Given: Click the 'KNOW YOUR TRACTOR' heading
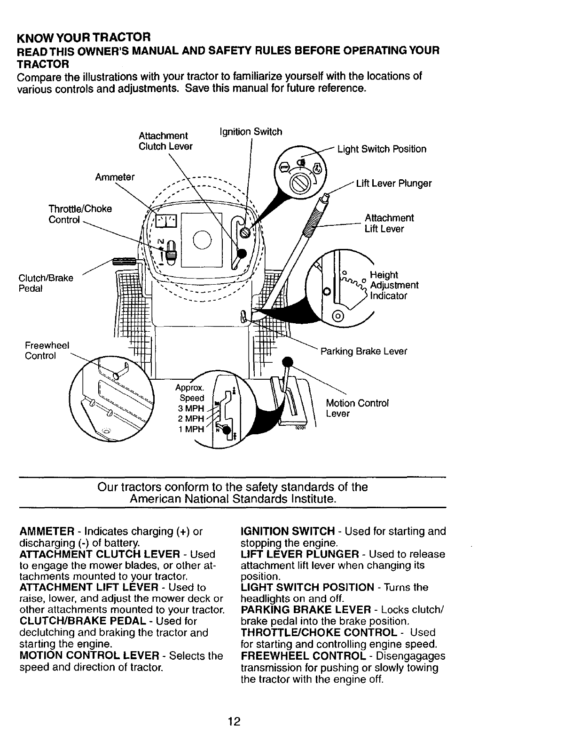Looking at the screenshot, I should (x=84, y=36).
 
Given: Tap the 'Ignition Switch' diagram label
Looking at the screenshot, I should (x=251, y=132).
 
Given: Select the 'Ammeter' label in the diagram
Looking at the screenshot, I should (x=115, y=177).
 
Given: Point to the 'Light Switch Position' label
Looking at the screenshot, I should (x=382, y=149).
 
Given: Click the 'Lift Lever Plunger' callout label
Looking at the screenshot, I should (x=393, y=184).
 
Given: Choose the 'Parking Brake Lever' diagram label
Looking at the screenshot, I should (x=363, y=351).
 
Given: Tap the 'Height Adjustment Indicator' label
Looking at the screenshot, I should (x=394, y=285).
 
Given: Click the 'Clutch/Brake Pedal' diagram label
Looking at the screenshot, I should (x=46, y=283).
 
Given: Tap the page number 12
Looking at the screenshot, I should (x=234, y=721).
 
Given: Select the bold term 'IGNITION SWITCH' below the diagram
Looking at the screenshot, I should (x=287, y=532).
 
